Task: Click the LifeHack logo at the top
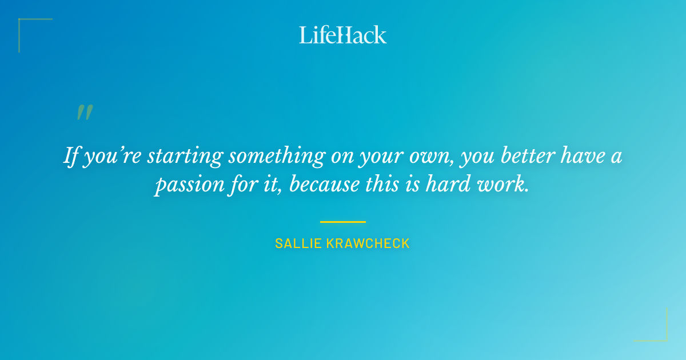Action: pos(343,35)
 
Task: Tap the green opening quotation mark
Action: pos(85,112)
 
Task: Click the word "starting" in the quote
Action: pos(178,157)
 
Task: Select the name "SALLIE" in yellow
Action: pos(298,243)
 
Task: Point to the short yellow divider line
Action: pos(343,222)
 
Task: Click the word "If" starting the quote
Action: pos(70,155)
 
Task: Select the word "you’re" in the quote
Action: pos(112,157)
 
